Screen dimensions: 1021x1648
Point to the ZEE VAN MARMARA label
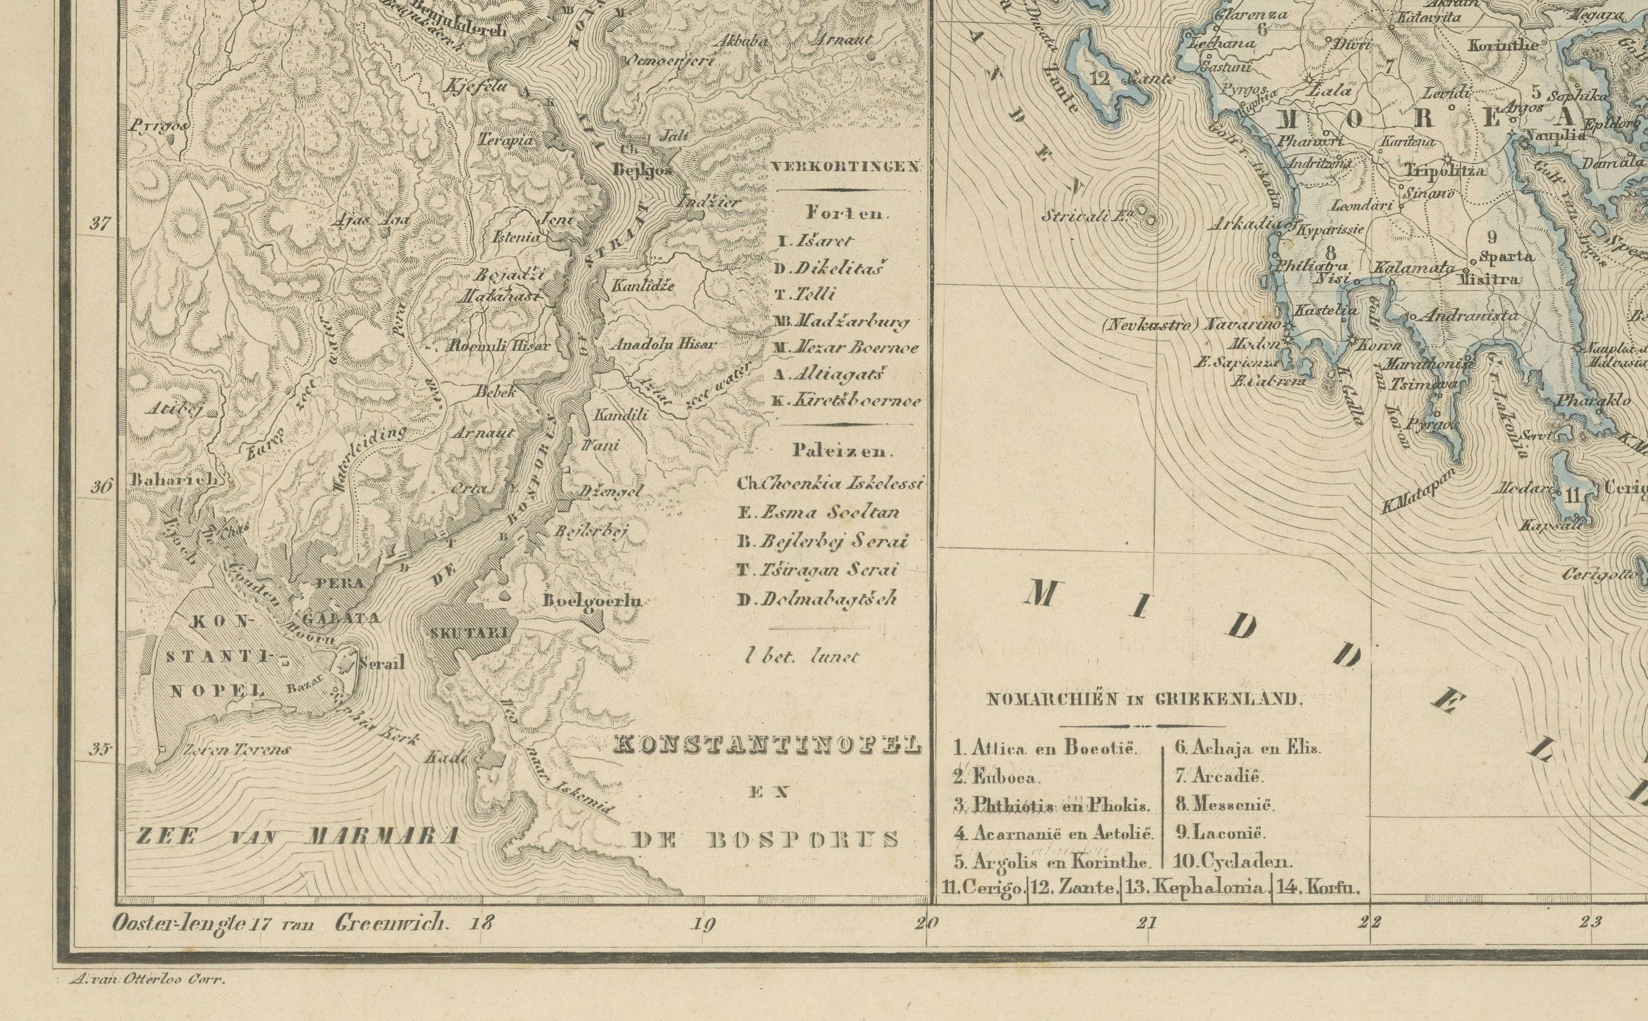(298, 836)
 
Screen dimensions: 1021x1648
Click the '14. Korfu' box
(1319, 889)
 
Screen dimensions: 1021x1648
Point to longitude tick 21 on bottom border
(1146, 923)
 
